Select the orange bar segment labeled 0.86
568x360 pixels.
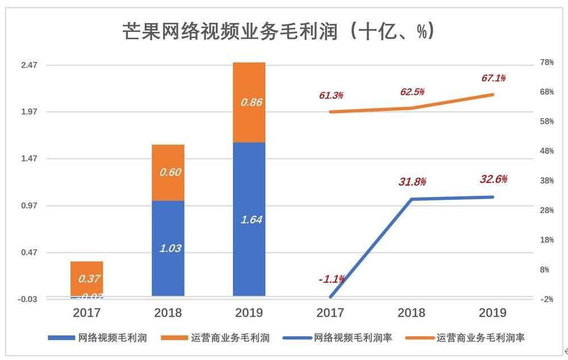pos(249,102)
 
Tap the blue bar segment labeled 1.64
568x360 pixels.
pos(249,219)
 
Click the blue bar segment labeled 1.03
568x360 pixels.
pos(168,248)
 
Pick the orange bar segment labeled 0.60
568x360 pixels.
pos(168,173)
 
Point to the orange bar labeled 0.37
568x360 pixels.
pos(86,278)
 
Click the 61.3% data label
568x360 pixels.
pos(331,95)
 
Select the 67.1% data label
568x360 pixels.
pos(493,78)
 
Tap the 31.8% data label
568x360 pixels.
pos(412,182)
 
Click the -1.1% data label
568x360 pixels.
pos(331,279)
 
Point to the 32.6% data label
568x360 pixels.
pos(493,179)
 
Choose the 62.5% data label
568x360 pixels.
pos(412,91)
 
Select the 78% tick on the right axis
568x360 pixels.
pos(546,62)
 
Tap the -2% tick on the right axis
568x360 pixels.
pos(546,299)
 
